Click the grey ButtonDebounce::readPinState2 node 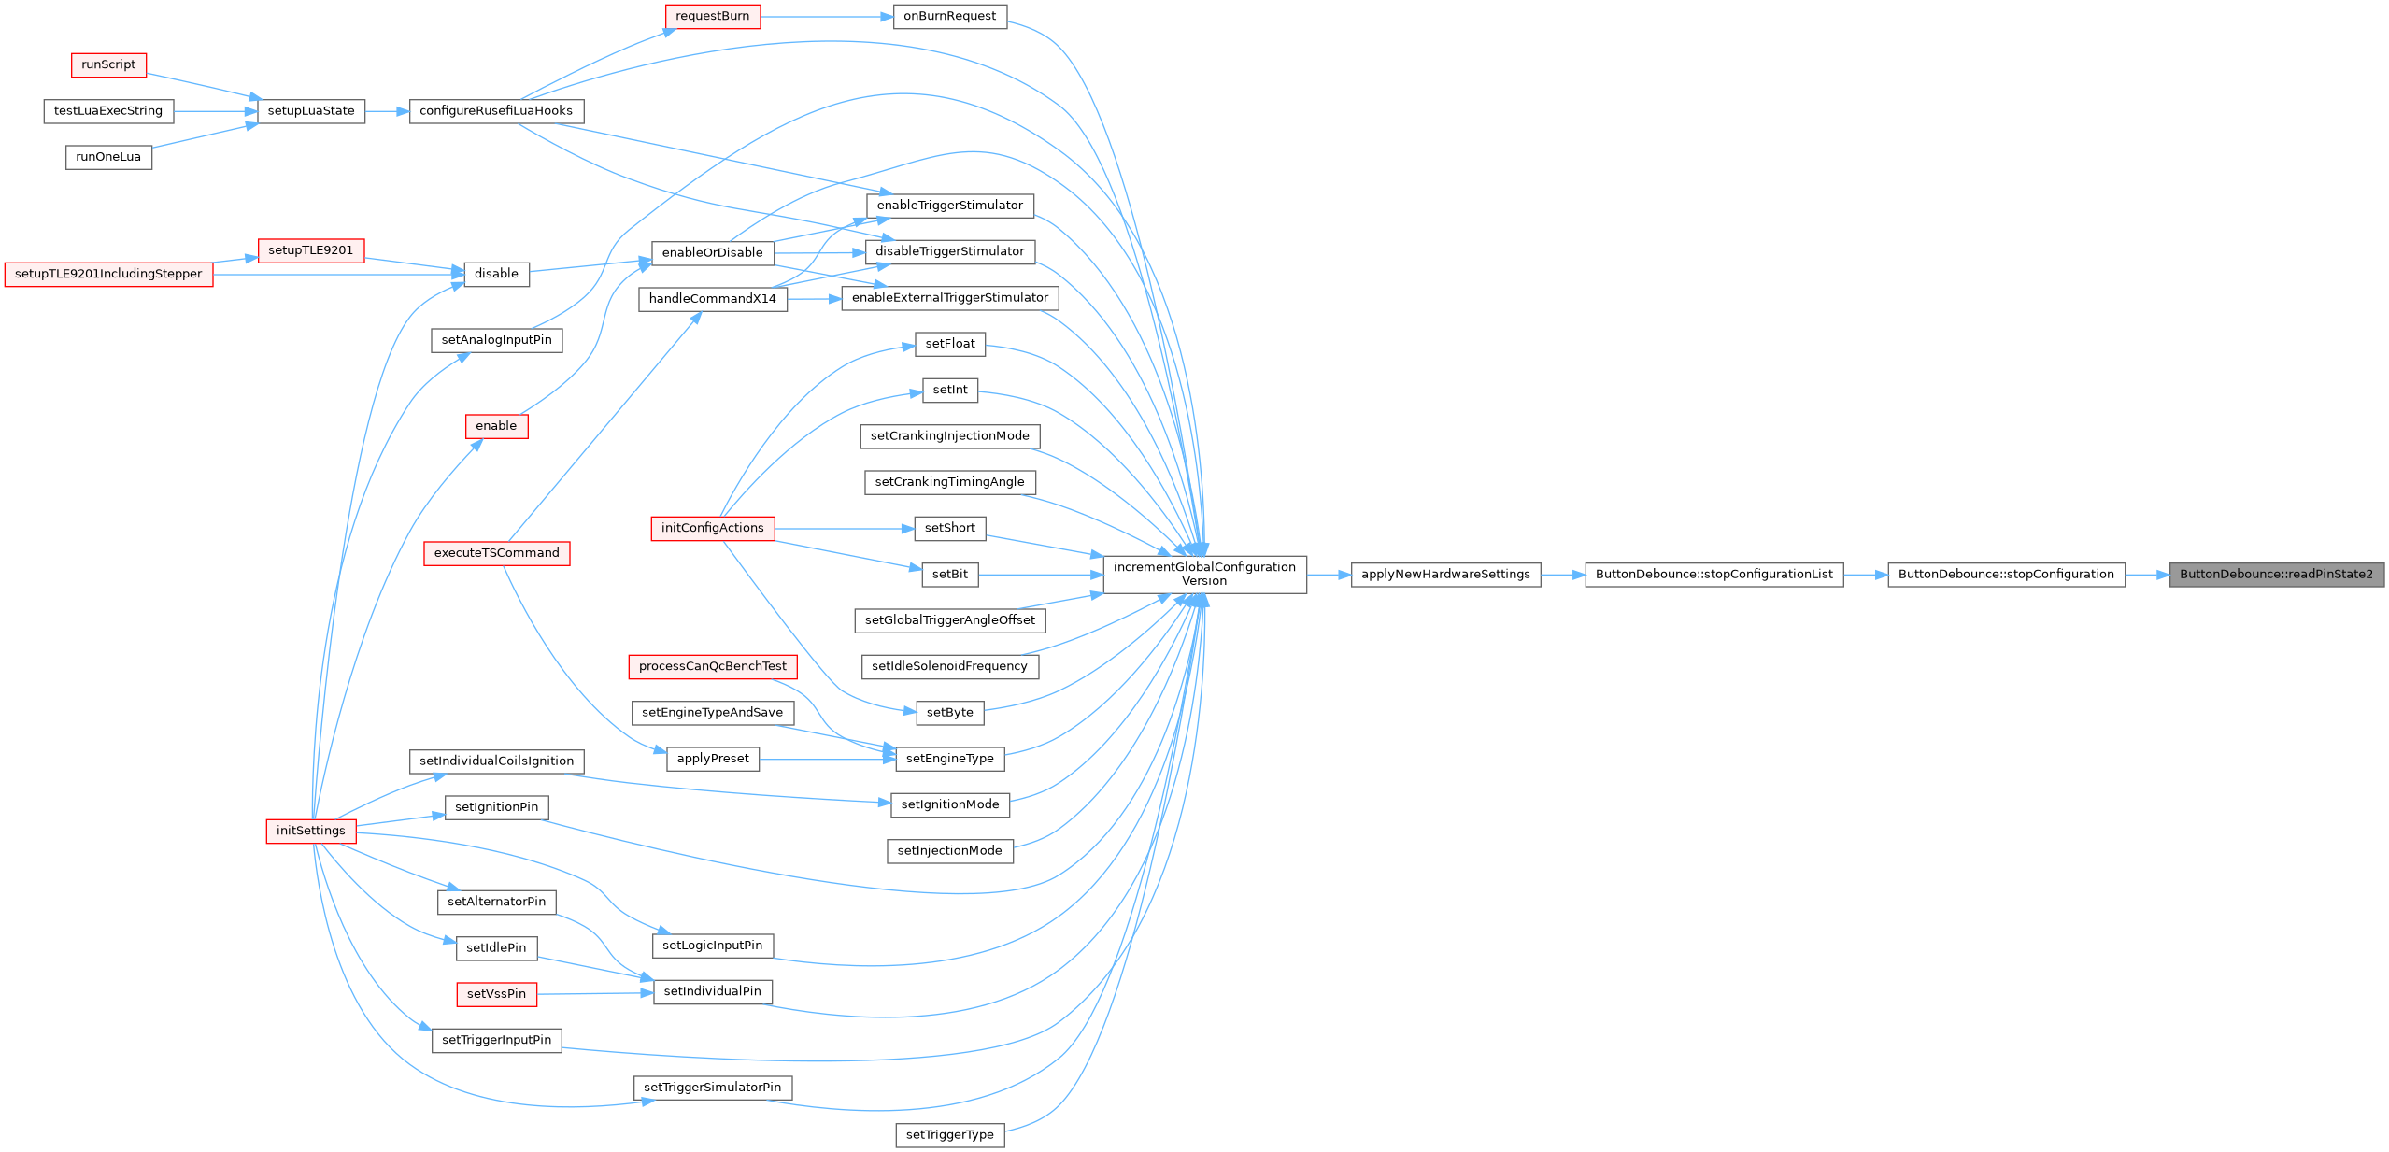click(x=2276, y=575)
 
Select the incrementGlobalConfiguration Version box click(x=1204, y=575)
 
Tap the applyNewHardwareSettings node click(x=1445, y=575)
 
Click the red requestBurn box click(x=712, y=16)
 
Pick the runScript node click(x=108, y=64)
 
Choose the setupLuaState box click(x=311, y=111)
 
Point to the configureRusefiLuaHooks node click(x=496, y=111)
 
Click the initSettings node click(x=311, y=831)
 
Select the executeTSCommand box click(x=496, y=553)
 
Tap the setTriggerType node click(x=949, y=1135)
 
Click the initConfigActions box click(x=712, y=528)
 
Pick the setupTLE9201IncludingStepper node click(x=108, y=274)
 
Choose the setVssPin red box click(x=496, y=994)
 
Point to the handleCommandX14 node click(x=712, y=299)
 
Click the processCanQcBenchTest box click(x=712, y=666)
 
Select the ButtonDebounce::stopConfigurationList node click(x=1714, y=575)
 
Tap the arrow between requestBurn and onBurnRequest click(x=827, y=17)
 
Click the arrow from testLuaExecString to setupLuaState click(x=216, y=111)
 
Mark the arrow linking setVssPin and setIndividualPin click(x=595, y=993)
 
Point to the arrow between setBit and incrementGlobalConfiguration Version click(x=1041, y=575)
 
